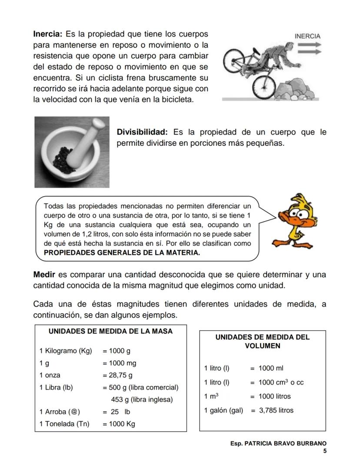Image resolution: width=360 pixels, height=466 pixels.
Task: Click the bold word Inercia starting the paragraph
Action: [48, 34]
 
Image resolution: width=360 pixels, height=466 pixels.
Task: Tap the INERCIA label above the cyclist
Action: [307, 36]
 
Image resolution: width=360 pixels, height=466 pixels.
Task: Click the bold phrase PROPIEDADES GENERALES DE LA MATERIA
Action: [122, 252]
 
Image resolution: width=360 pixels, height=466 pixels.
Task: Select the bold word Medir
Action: [44, 275]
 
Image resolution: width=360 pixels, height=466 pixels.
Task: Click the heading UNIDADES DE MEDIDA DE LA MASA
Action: [110, 331]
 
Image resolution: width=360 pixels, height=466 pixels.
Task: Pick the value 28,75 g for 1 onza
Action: [117, 375]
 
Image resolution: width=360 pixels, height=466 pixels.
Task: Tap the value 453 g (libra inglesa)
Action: [142, 399]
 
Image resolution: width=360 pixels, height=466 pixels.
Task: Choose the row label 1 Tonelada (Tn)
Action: [64, 424]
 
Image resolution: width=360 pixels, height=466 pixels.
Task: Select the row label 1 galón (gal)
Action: [223, 410]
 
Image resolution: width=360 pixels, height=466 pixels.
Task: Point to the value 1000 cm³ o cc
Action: [281, 382]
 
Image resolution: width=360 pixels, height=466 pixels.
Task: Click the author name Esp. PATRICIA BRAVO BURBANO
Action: [278, 443]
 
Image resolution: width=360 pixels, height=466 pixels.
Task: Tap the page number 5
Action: [324, 451]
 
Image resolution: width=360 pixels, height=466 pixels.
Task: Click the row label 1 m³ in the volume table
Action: [211, 396]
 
